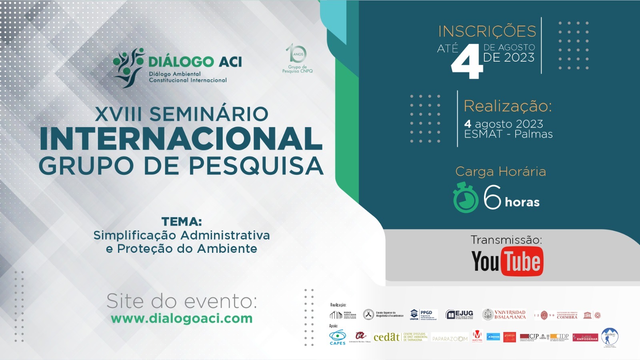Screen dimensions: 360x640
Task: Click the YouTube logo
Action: pos(507,261)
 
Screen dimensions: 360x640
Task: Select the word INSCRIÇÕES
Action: pos(487,31)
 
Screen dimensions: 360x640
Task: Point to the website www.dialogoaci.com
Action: pos(182,318)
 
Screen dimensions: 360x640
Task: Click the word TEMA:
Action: pos(182,222)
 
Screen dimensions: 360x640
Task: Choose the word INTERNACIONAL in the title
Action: pos(181,139)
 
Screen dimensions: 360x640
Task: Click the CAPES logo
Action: pos(338,337)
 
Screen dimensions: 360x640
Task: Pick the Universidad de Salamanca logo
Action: pos(504,315)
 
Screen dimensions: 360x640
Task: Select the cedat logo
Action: pos(386,337)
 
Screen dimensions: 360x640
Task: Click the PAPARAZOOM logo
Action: pos(450,339)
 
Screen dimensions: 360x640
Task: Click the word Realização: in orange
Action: pos(508,106)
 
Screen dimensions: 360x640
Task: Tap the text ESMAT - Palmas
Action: pos(508,134)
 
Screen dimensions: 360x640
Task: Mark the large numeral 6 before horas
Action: pos(492,197)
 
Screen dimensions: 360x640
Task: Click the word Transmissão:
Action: pos(506,240)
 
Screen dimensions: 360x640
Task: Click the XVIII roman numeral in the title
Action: pos(118,114)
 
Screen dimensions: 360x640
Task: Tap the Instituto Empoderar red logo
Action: pos(585,338)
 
